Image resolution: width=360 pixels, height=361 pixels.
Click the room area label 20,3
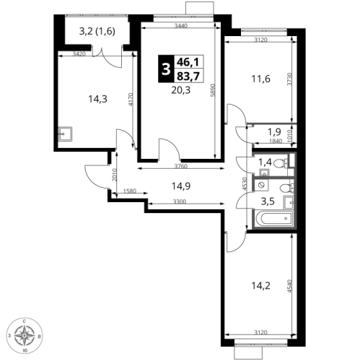181,90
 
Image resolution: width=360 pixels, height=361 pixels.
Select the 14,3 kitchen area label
97,99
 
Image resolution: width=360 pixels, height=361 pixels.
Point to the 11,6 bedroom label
261,79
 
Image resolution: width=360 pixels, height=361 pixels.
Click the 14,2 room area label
261,286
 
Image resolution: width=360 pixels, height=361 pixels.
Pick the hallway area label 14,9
181,186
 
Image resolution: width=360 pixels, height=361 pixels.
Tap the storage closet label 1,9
274,132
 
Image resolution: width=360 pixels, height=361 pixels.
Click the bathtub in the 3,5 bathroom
274,219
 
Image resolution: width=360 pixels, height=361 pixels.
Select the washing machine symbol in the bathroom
262,186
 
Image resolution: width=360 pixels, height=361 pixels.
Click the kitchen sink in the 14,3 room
65,134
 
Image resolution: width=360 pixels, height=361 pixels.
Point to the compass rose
25,336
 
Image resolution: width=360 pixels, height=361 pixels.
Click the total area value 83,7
188,77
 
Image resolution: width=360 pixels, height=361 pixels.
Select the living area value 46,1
188,62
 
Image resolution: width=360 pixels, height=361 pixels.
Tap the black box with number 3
165,69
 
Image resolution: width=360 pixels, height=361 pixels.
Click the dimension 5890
212,90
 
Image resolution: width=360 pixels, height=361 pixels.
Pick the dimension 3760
181,166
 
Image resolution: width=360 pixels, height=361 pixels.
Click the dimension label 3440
181,26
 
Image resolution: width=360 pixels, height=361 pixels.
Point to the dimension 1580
130,191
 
